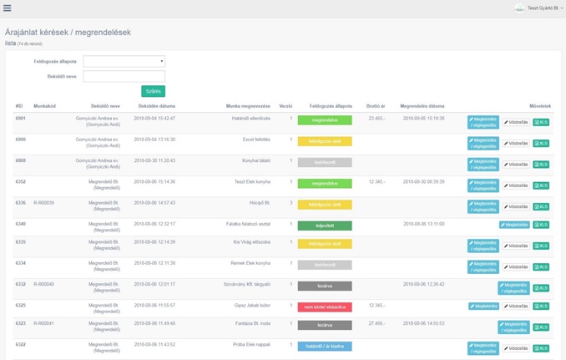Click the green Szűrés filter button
[153, 91]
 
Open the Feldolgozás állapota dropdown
[124, 61]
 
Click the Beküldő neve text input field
[124, 76]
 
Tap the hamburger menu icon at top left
[8, 8]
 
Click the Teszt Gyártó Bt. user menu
[539, 8]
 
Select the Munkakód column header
[44, 106]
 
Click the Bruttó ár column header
[376, 106]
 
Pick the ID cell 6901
[20, 119]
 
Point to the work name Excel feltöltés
[254, 139]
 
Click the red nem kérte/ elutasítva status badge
[325, 307]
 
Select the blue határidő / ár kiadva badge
[325, 345]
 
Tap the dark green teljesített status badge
[325, 226]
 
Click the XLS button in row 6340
[541, 225]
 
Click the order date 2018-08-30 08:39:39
[423, 181]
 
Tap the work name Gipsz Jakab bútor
[251, 305]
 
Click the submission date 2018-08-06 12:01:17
[154, 284]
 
